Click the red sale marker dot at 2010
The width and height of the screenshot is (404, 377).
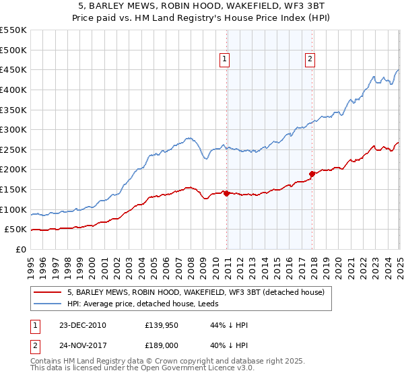[x=226, y=193]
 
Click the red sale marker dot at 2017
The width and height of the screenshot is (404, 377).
[x=312, y=174]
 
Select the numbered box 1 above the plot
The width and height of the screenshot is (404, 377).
[x=224, y=59]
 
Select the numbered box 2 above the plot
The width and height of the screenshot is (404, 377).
[x=310, y=59]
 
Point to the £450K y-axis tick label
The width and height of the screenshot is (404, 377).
[x=13, y=69]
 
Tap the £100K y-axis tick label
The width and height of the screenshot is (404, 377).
[x=13, y=209]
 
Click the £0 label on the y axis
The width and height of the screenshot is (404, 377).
[x=21, y=249]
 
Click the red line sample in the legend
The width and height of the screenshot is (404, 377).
[x=48, y=292]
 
